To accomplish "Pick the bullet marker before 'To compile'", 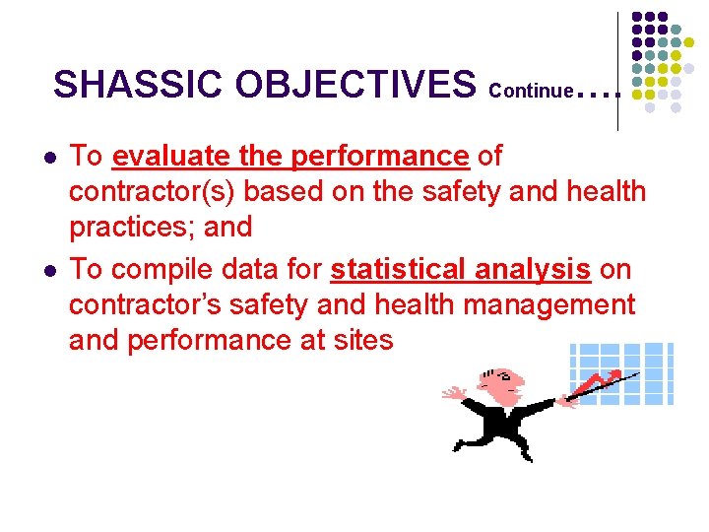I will (49, 270).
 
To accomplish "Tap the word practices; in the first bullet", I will (128, 227).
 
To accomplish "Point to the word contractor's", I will (145, 305).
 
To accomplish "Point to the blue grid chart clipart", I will (622, 371).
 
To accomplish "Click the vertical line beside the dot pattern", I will (617, 71).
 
